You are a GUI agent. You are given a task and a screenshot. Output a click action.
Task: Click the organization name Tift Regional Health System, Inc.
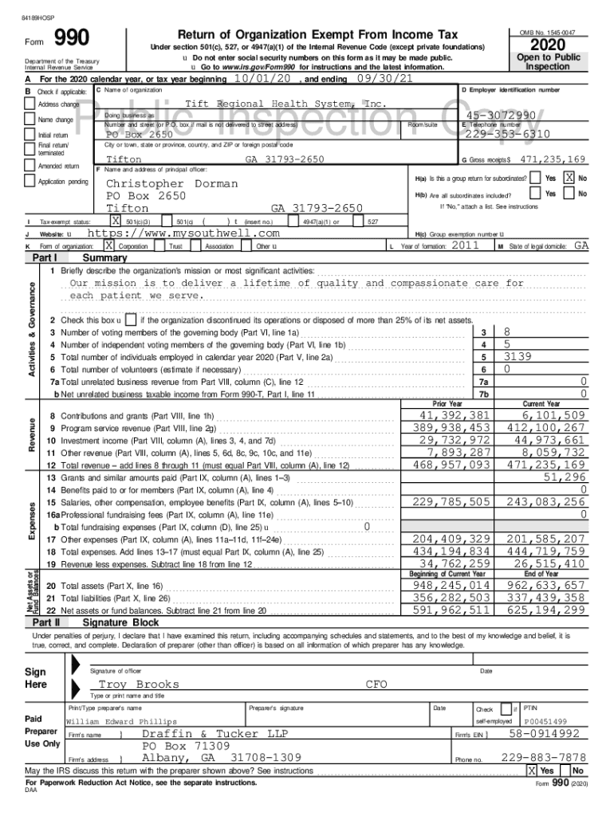285,104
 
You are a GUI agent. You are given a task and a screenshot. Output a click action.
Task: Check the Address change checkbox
30,104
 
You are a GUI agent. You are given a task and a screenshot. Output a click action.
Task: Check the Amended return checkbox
30,166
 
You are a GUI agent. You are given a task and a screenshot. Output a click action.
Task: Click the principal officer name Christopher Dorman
171,184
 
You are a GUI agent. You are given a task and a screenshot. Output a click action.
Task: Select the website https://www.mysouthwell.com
183,233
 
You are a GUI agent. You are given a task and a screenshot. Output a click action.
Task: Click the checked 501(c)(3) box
116,221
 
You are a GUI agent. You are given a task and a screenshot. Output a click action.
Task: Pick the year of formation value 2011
465,246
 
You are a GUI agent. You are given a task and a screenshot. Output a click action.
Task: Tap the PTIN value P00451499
545,721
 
